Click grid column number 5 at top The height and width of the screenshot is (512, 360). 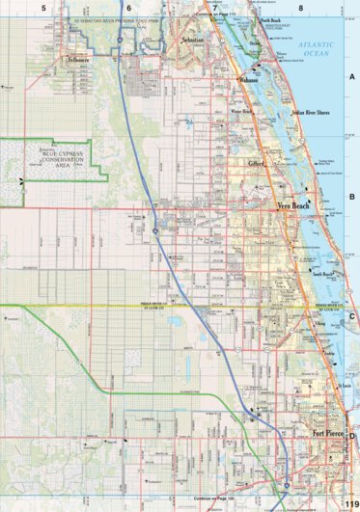click(x=43, y=7)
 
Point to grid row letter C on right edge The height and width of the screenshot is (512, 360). click(x=352, y=315)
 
